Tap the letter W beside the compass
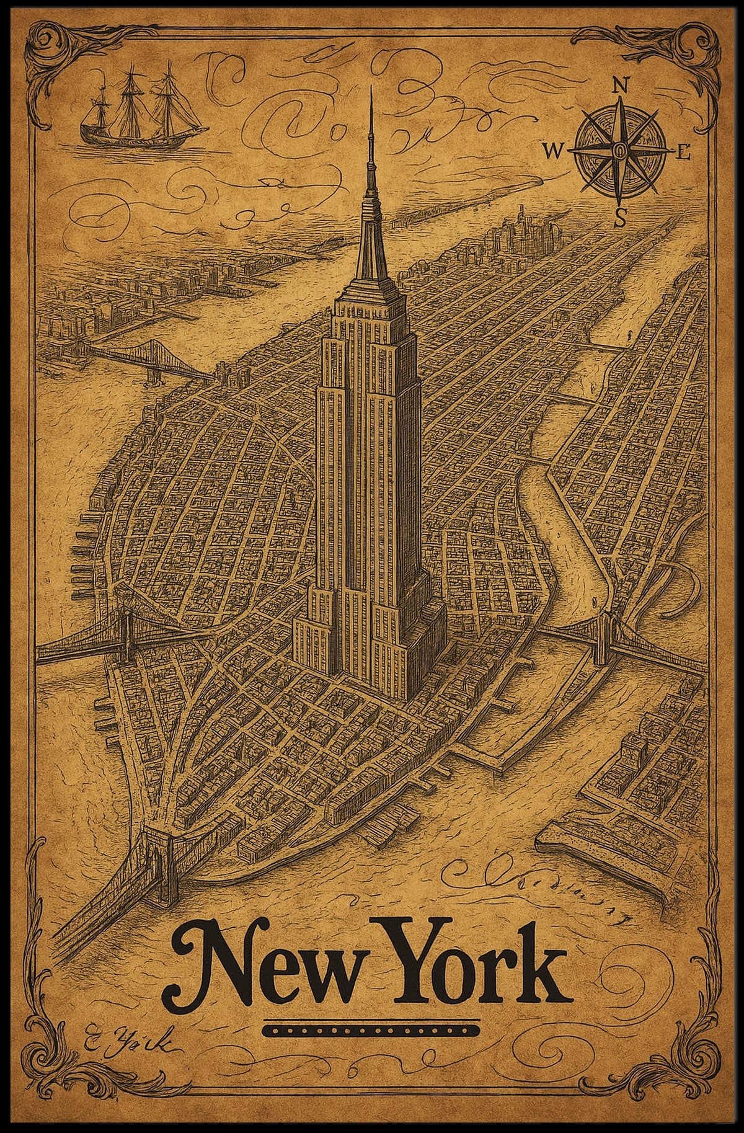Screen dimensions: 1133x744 [552, 151]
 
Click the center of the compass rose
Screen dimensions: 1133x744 [619, 151]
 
